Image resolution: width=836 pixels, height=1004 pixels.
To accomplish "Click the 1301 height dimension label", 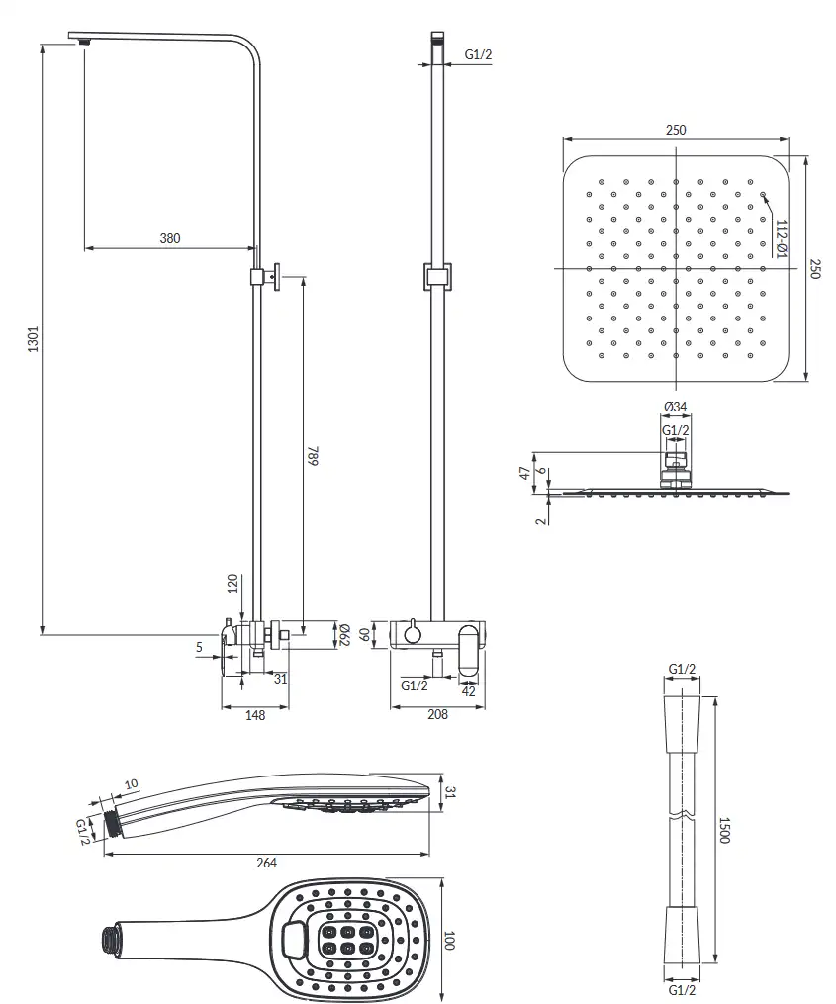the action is tap(33, 339).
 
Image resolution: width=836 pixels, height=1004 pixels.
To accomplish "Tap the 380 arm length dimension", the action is tap(170, 238).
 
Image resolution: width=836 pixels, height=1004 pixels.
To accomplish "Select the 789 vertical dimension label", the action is tap(313, 455).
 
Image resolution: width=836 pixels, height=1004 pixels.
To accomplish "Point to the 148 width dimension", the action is tap(255, 715).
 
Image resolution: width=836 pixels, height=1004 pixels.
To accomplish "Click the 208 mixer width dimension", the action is tap(437, 714).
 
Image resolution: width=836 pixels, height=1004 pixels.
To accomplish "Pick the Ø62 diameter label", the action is tap(343, 635).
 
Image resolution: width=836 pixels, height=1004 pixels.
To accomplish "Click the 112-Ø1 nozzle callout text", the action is tap(781, 238).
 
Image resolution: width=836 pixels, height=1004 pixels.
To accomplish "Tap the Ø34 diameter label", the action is tap(675, 407).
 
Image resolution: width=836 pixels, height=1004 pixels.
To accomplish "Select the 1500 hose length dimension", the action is tap(724, 830).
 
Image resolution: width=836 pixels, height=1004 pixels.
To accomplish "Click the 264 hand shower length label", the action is tap(266, 863).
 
